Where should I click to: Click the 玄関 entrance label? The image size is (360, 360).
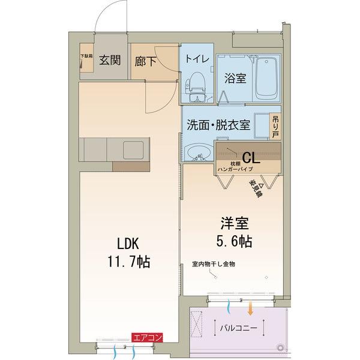[x=109, y=60]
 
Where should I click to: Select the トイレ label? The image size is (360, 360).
[x=197, y=59]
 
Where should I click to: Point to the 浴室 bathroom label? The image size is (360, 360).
[x=235, y=78]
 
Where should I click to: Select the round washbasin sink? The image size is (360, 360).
[x=195, y=154]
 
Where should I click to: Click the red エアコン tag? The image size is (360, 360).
[x=147, y=338]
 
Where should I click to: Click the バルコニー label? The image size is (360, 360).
[x=238, y=329]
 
